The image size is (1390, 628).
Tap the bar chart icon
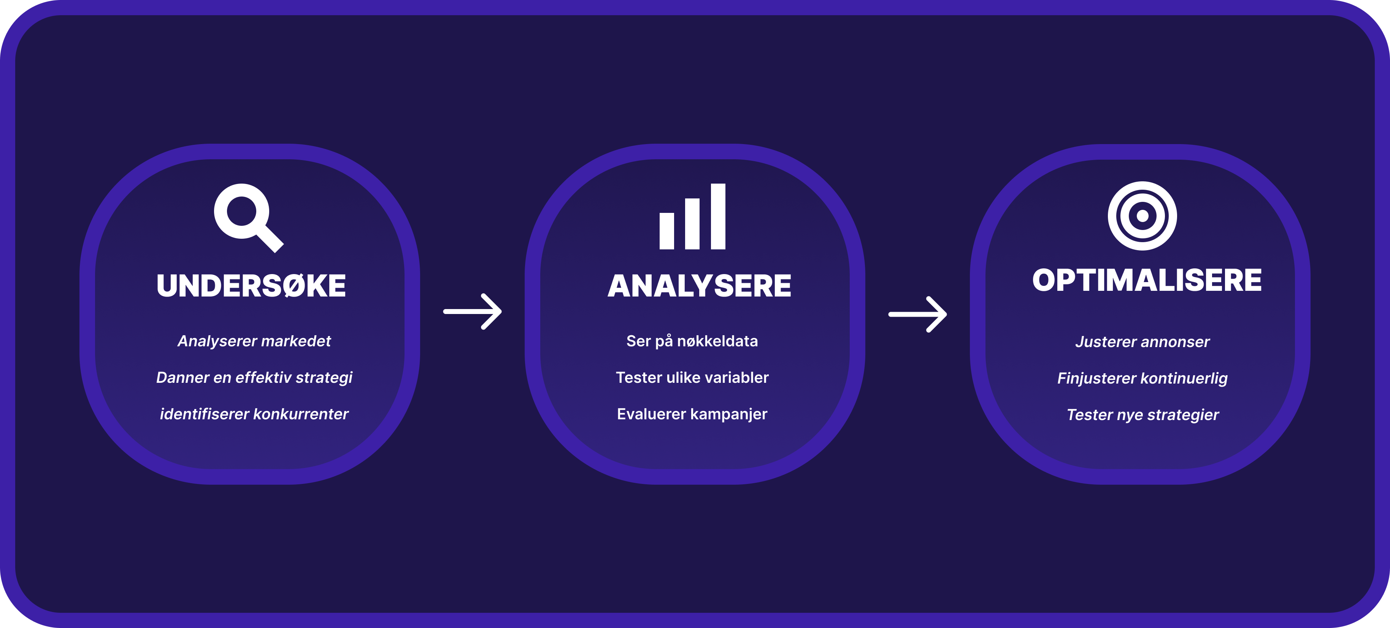[692, 216]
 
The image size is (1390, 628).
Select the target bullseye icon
[1142, 216]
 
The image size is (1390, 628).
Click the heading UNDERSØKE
[251, 285]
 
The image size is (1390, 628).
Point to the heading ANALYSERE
[699, 285]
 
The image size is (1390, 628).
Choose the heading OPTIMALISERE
[1147, 280]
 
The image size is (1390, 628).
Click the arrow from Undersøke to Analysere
[473, 311]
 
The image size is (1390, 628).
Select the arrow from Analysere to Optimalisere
[918, 314]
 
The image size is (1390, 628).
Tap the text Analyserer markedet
[254, 341]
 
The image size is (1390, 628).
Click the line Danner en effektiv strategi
[254, 377]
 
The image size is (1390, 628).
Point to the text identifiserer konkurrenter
[254, 414]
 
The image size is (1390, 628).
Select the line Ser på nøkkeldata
[692, 341]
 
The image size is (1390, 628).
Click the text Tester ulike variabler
[692, 377]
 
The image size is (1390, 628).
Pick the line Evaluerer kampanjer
[692, 414]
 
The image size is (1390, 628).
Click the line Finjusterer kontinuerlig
[1142, 378]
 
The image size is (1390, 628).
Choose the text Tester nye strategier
[1142, 414]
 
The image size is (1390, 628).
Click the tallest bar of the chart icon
[718, 216]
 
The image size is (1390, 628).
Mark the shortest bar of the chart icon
[667, 231]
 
